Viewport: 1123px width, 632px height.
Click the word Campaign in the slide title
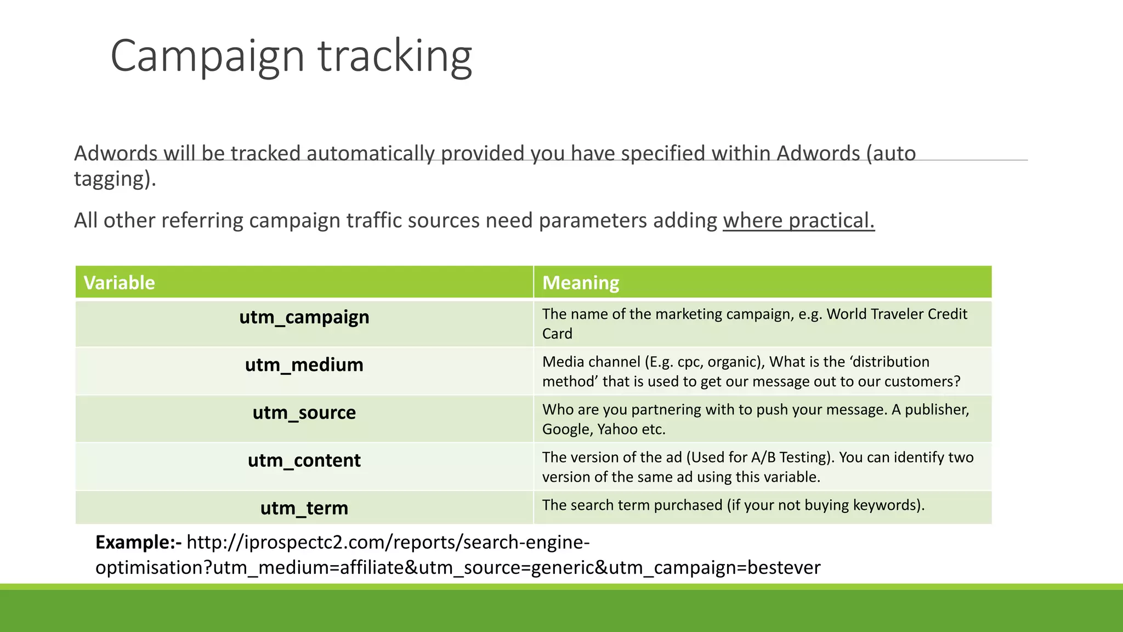pyautogui.click(x=207, y=57)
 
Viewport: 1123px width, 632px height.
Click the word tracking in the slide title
pyautogui.click(x=395, y=57)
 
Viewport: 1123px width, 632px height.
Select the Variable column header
pyautogui.click(x=119, y=283)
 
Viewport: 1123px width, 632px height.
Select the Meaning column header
pyautogui.click(x=581, y=283)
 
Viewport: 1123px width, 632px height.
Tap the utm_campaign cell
pyautogui.click(x=304, y=318)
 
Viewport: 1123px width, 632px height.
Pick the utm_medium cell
pyautogui.click(x=304, y=365)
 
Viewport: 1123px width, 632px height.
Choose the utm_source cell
pyautogui.click(x=304, y=413)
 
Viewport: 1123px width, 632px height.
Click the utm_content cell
pyautogui.click(x=304, y=461)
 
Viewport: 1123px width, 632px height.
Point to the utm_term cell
pyautogui.click(x=304, y=509)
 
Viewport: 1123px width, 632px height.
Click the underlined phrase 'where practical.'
pyautogui.click(x=798, y=221)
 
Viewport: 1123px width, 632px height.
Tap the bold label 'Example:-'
pyautogui.click(x=138, y=543)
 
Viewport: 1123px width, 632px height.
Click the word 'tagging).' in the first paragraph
pyautogui.click(x=115, y=179)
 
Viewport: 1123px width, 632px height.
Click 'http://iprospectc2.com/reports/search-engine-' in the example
pyautogui.click(x=388, y=543)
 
